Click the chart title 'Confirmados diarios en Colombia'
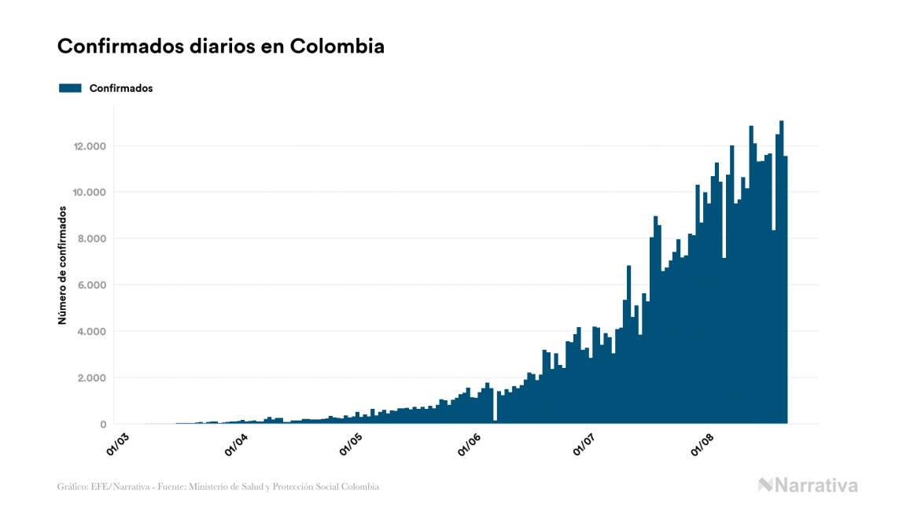tap(221, 46)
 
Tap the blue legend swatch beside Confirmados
tap(71, 88)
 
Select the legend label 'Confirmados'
tap(121, 88)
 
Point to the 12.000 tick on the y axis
tap(90, 146)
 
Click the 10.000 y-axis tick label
tap(90, 193)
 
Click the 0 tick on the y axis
tap(103, 425)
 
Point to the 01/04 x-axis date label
tap(236, 444)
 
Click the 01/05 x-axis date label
tap(352, 444)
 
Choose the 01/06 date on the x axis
tap(469, 444)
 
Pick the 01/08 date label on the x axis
tap(702, 444)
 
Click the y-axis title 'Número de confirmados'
tap(61, 266)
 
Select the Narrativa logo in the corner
tap(808, 485)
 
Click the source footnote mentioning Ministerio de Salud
tap(218, 487)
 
